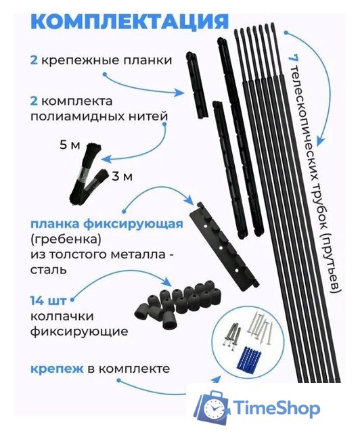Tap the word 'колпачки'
[60, 316]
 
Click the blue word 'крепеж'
[54, 369]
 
